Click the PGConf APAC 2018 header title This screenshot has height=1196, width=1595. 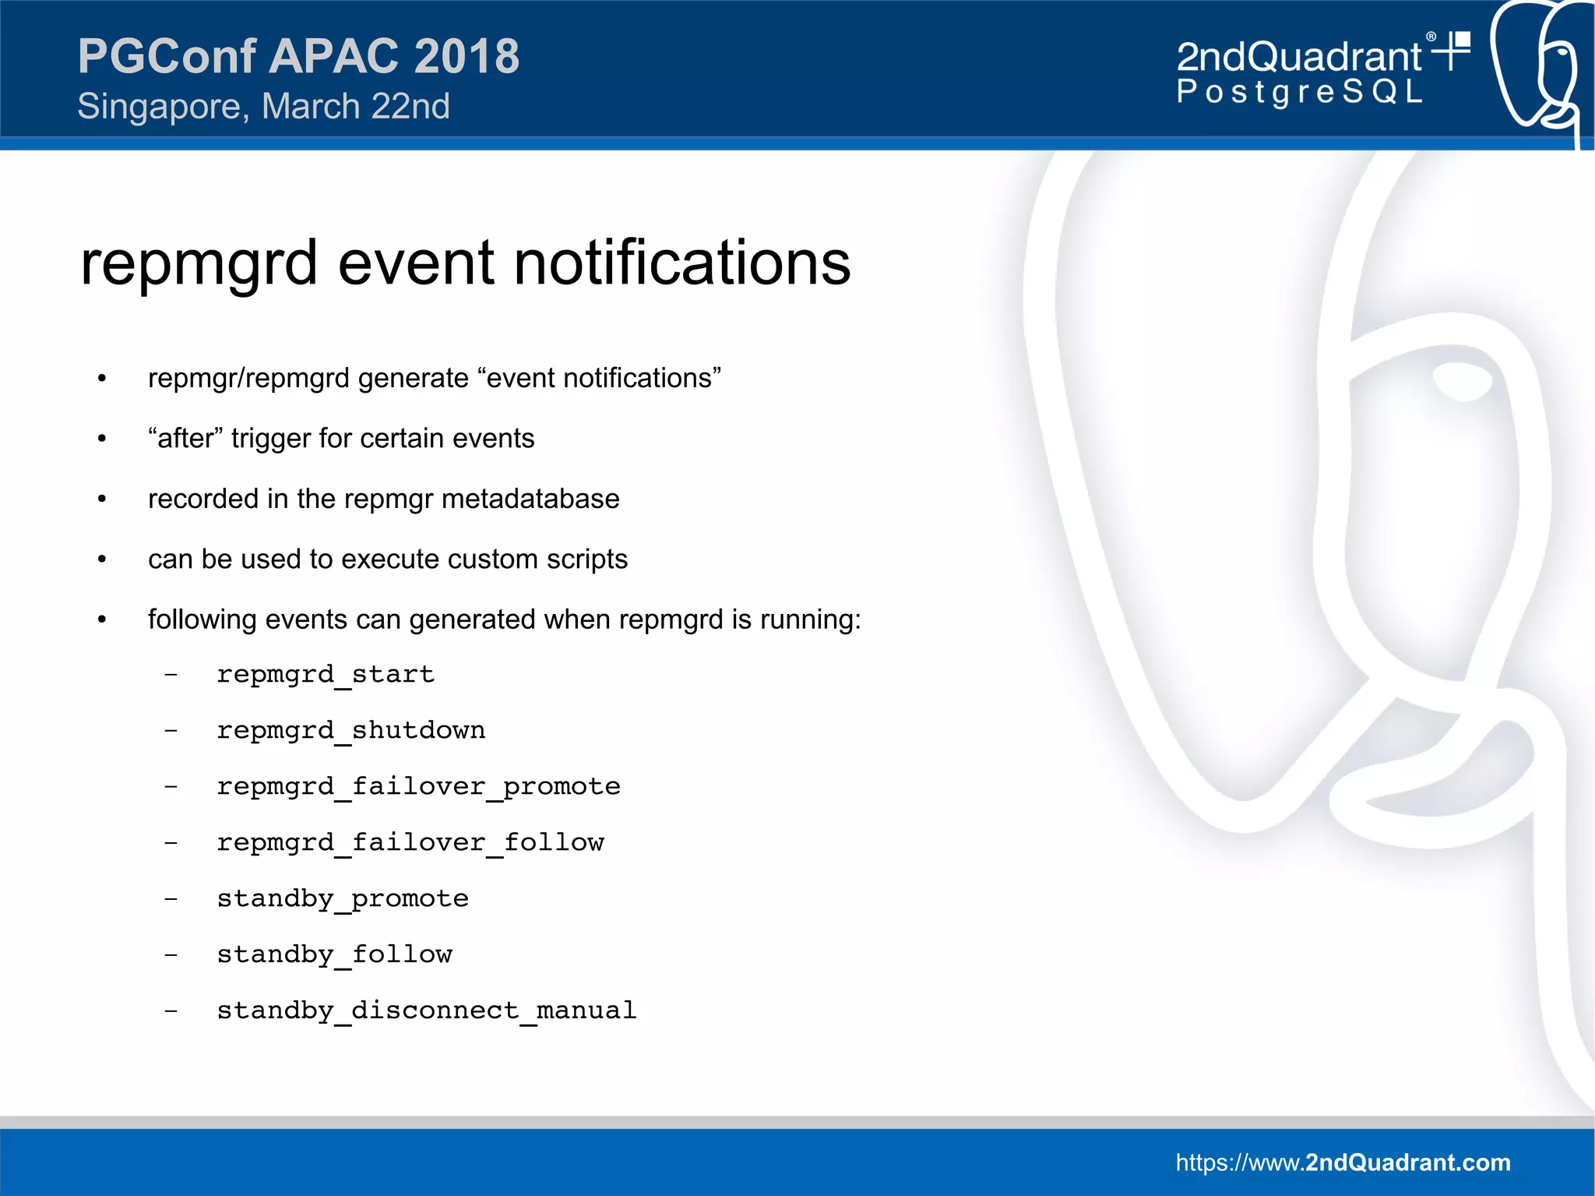click(298, 56)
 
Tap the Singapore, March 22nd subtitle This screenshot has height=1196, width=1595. click(263, 107)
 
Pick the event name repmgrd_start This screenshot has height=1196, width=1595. click(326, 674)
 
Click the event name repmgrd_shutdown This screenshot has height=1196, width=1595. click(350, 730)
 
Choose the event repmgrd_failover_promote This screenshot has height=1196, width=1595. click(418, 786)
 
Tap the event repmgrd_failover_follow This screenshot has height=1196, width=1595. click(410, 842)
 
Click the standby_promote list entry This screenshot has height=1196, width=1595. click(343, 898)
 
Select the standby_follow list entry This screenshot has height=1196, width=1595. click(334, 954)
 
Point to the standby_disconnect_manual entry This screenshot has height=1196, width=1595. click(427, 1011)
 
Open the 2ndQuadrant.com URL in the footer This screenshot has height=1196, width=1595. click(1343, 1162)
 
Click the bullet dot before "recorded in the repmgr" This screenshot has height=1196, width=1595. click(102, 499)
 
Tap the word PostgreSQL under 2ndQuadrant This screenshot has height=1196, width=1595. click(1299, 92)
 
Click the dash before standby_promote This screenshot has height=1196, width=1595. click(171, 899)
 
